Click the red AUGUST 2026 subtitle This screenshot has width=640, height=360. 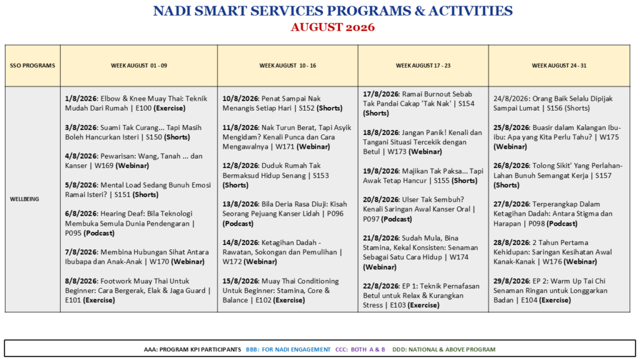click(x=332, y=27)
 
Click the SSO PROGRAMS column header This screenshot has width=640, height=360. click(x=32, y=65)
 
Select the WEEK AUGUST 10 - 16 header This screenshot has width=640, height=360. click(x=287, y=65)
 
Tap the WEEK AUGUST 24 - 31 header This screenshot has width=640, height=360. click(x=559, y=65)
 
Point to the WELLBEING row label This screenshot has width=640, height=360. click(x=24, y=199)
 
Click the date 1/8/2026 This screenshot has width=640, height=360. click(x=81, y=99)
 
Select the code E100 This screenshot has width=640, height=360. click(x=142, y=108)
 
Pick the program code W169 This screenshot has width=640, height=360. click(x=104, y=166)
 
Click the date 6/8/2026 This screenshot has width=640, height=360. click(x=81, y=214)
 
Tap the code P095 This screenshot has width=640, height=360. click(x=74, y=234)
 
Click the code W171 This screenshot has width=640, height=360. click(x=285, y=146)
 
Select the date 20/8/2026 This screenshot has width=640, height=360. click(x=381, y=199)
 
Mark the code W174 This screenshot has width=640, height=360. click(x=459, y=257)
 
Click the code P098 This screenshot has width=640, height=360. click(x=537, y=224)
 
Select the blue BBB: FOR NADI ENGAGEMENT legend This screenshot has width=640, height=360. click(x=288, y=349)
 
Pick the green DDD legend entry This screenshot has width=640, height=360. click(x=444, y=349)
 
